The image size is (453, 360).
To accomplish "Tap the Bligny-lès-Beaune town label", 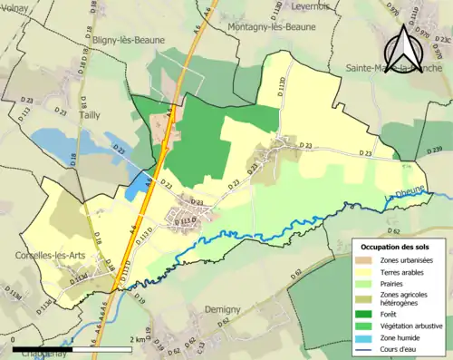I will coord(128,42).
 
